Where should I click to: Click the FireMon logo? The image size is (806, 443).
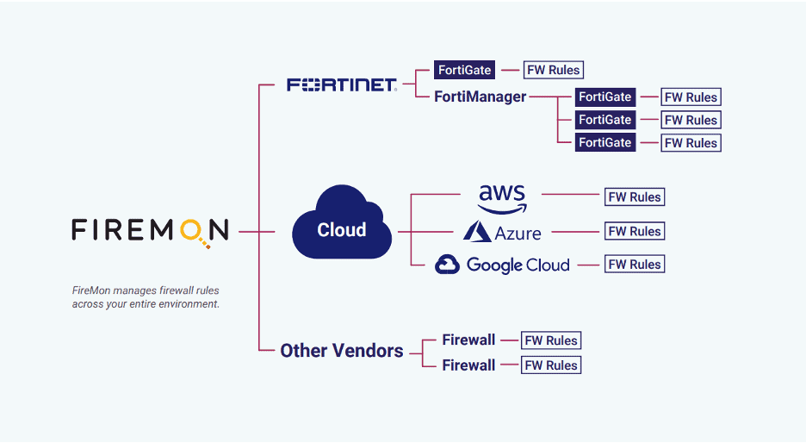pyautogui.click(x=150, y=230)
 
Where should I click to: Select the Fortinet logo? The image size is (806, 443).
pyautogui.click(x=341, y=84)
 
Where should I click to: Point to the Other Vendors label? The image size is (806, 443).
pyautogui.click(x=342, y=351)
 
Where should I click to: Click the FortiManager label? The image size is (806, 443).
pyautogui.click(x=480, y=97)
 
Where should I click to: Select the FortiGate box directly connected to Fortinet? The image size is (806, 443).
pyautogui.click(x=465, y=70)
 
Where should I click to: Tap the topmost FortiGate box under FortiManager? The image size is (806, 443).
pyautogui.click(x=605, y=97)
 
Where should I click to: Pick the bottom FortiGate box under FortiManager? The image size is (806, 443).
pyautogui.click(x=605, y=142)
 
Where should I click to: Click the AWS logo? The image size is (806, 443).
pyautogui.click(x=502, y=197)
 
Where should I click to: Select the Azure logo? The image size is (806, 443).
pyautogui.click(x=502, y=232)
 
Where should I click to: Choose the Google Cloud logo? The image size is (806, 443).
pyautogui.click(x=502, y=265)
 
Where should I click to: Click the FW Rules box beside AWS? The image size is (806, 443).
pyautogui.click(x=635, y=197)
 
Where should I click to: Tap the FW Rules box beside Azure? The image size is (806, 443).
pyautogui.click(x=635, y=231)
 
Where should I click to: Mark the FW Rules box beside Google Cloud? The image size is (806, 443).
pyautogui.click(x=635, y=265)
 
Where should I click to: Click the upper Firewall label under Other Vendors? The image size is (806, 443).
pyautogui.click(x=468, y=340)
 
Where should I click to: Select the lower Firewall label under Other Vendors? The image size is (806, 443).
pyautogui.click(x=468, y=365)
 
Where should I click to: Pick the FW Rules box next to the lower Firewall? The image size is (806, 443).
pyautogui.click(x=551, y=365)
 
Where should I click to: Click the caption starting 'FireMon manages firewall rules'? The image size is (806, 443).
pyautogui.click(x=146, y=297)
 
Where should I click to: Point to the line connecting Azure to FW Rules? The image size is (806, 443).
pyautogui.click(x=575, y=231)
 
